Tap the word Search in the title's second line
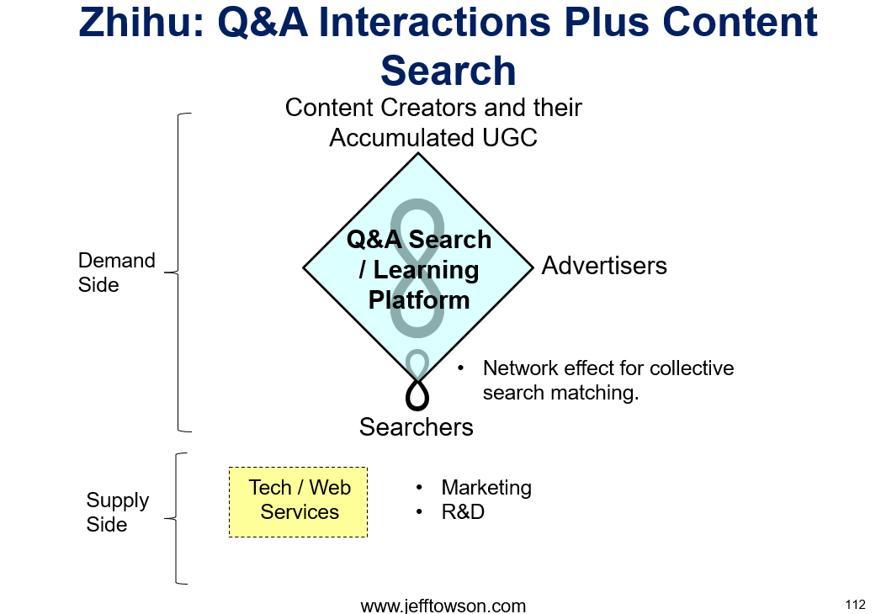click(448, 71)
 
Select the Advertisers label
click(604, 266)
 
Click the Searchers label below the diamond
click(417, 427)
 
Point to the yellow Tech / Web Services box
click(299, 502)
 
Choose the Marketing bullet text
click(486, 488)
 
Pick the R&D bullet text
click(463, 511)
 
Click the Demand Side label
click(116, 273)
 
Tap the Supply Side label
click(118, 511)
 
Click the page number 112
click(855, 605)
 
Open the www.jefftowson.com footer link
click(443, 606)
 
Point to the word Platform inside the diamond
click(419, 300)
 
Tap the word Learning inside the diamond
click(426, 270)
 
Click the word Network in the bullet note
click(520, 368)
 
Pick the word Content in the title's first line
click(740, 23)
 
